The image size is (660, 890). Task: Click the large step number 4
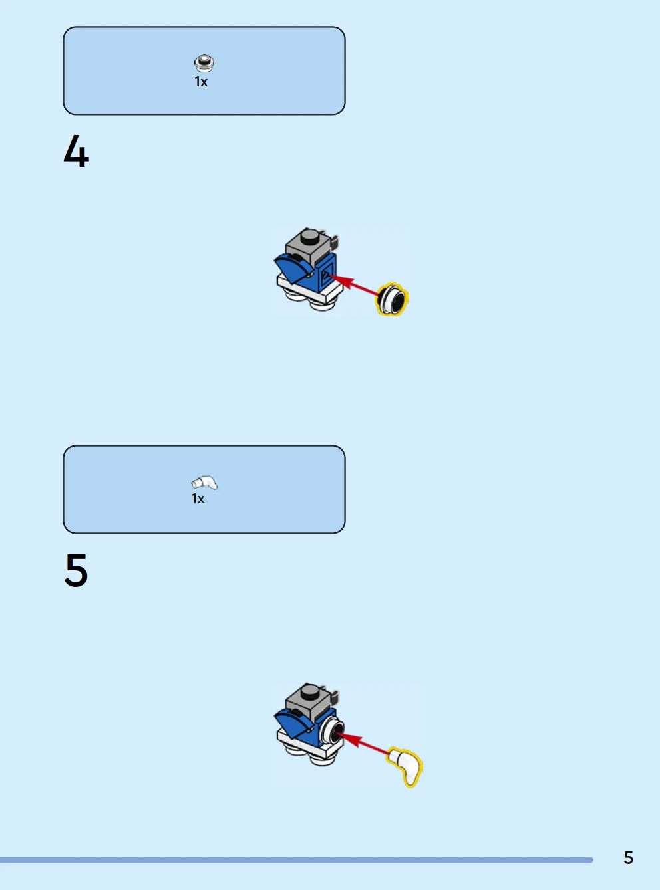pos(77,151)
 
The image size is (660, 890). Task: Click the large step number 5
pos(76,570)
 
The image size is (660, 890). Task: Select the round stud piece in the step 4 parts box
pos(204,62)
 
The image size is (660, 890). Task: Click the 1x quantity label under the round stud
pos(201,82)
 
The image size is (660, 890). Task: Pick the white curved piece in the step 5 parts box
pos(204,483)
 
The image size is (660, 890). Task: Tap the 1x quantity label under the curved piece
pos(198,499)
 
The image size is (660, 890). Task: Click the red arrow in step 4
pos(353,285)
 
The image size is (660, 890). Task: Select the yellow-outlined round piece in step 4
pos(392,299)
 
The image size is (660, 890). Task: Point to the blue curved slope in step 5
pos(293,723)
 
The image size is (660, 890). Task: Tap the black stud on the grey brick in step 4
pos(310,236)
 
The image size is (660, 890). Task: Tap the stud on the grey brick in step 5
pos(310,691)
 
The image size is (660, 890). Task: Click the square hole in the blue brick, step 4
pos(325,275)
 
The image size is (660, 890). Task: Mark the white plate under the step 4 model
pos(309,290)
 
